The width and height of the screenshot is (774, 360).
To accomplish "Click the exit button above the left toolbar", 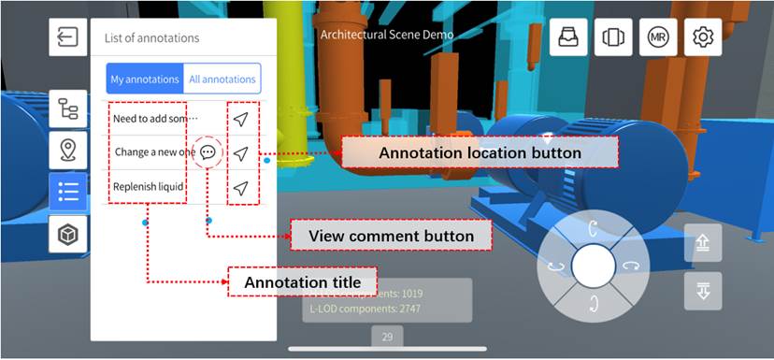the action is coord(68,37).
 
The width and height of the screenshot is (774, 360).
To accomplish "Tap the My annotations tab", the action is coord(144,79).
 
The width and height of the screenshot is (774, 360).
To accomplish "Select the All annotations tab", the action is coord(222,79).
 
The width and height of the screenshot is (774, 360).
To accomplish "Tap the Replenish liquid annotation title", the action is coord(148,187).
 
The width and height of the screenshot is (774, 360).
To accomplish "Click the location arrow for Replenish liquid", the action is coord(241,187).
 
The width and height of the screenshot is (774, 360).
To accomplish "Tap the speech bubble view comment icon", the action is coord(208,152).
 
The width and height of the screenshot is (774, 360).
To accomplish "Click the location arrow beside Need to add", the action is coord(241,119).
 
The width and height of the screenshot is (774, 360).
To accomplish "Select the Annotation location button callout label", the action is coord(480,152).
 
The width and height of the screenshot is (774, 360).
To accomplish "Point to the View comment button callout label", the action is coord(391,237).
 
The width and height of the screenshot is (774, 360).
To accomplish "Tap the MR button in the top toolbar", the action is coord(657,37).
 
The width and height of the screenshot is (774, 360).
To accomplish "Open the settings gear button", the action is coord(703,37).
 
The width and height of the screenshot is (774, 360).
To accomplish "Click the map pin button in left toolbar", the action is coord(68,151).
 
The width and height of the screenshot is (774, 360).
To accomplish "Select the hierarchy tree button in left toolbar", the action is coord(68,109).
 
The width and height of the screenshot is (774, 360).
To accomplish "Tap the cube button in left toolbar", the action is coord(68,235).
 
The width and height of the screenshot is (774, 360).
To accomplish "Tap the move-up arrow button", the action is coord(703,244).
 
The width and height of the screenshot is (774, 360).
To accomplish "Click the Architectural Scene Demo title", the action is coord(387,35).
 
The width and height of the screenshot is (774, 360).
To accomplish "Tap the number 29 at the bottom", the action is coord(387,337).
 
